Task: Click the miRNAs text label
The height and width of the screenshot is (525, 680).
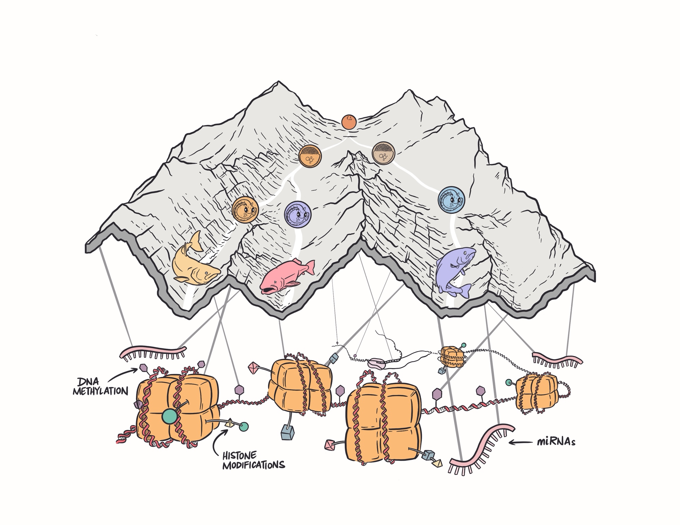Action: pos(556,442)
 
